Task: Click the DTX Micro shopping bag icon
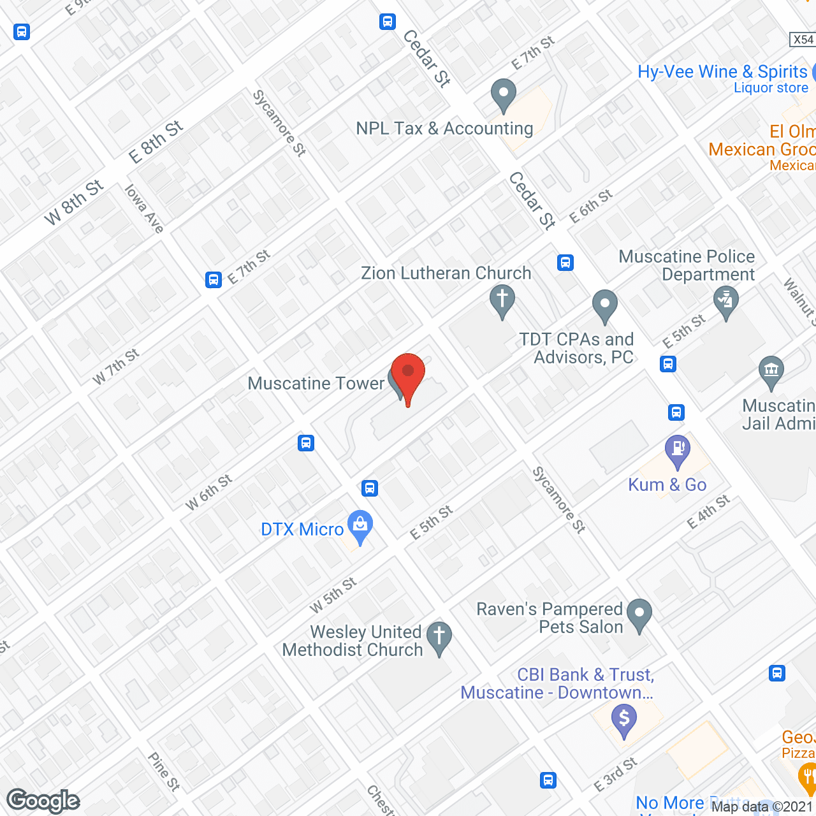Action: point(360,525)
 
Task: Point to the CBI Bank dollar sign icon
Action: point(624,720)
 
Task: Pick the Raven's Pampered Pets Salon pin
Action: point(639,613)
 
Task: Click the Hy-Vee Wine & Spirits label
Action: point(722,72)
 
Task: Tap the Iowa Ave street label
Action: point(144,209)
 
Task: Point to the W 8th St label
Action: point(74,203)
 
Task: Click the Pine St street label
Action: point(164,771)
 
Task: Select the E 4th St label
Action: point(708,512)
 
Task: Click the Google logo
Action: point(43,801)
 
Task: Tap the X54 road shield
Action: point(803,40)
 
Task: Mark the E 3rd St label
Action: point(615,775)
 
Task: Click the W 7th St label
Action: point(115,367)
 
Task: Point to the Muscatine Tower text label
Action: point(316,383)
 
